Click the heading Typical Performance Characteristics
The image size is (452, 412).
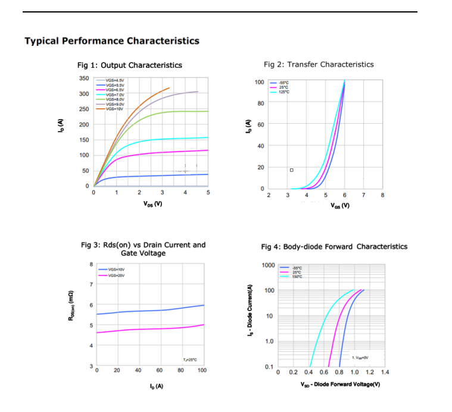[112, 41]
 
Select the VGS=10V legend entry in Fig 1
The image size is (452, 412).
[114, 108]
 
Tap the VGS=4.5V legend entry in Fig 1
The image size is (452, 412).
[114, 80]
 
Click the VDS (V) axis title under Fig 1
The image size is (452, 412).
[152, 204]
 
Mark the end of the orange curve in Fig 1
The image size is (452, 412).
[169, 88]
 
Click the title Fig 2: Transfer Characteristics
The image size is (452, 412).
[319, 64]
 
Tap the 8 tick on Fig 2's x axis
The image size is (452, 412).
[382, 195]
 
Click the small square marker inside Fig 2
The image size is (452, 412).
[291, 170]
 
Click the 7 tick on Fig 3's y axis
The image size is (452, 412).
[91, 285]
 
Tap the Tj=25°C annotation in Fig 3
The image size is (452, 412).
[189, 360]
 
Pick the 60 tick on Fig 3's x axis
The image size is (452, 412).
[160, 370]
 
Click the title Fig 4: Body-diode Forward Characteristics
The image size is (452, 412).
[334, 246]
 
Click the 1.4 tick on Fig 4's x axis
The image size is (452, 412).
[384, 372]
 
